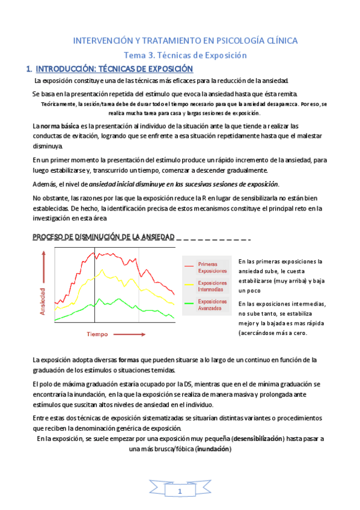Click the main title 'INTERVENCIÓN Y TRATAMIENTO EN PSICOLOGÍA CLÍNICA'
tap(185, 40)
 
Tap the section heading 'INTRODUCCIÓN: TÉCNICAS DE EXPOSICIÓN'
tap(114, 69)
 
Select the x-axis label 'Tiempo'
tap(97, 333)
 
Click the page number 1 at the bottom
tap(180, 492)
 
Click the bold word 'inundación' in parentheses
tap(213, 449)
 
